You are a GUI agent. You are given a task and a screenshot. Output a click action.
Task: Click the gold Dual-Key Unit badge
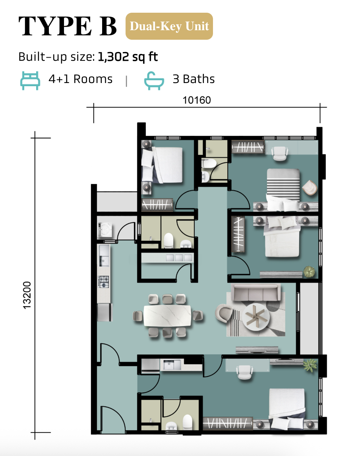point(169,26)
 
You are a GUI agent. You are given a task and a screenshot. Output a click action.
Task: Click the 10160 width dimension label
point(196,100)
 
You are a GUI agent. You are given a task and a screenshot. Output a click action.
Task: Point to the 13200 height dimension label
point(27,295)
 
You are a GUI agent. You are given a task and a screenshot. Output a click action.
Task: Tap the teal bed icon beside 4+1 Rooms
point(30,81)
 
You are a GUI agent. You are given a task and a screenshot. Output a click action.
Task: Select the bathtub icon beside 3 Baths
point(154,81)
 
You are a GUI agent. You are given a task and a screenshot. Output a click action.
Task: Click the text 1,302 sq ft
point(128,57)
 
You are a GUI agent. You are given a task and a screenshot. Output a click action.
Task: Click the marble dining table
point(167,316)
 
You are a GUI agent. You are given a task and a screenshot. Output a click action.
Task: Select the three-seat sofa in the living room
point(256,292)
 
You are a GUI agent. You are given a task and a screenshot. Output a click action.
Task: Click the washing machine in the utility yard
point(105,230)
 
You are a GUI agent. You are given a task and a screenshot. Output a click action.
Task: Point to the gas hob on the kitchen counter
point(104,282)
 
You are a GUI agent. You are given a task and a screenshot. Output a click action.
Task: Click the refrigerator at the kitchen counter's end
point(105,312)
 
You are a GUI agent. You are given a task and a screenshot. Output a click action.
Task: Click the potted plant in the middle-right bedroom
point(309,272)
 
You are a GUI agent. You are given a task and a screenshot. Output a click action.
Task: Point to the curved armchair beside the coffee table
point(224,313)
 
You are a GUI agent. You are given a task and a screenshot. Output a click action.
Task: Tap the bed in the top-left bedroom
point(162,165)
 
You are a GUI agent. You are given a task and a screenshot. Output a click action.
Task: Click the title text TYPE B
point(68,26)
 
